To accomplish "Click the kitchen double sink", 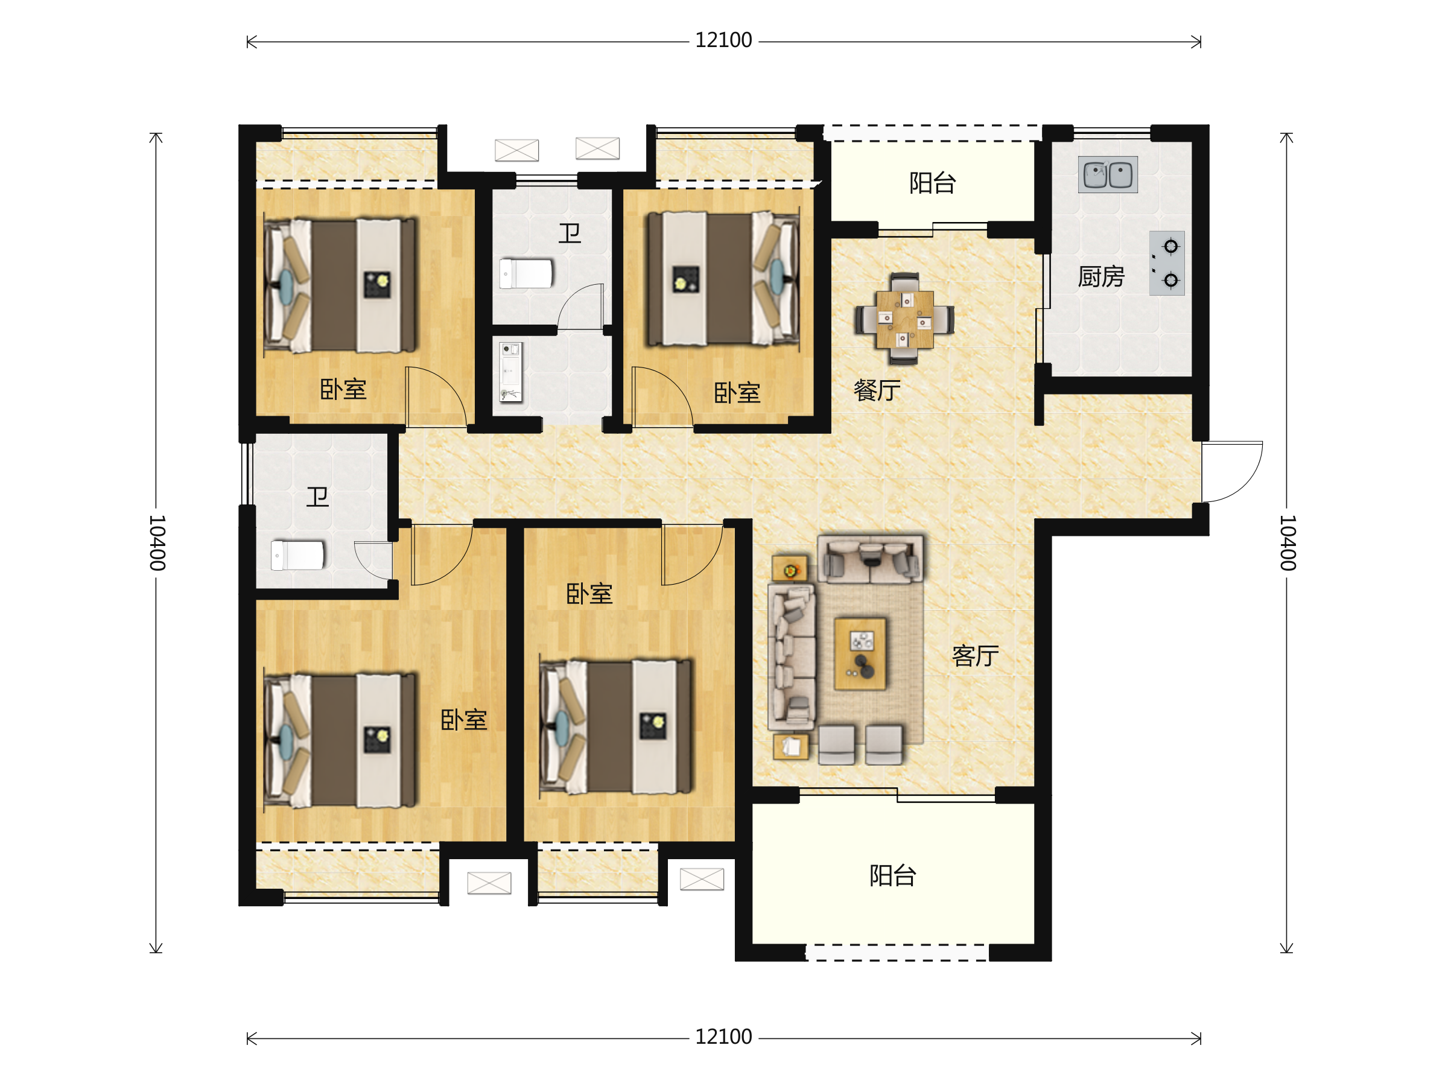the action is click(x=1108, y=175).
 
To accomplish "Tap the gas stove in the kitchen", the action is click(x=1166, y=263).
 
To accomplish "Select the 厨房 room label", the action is click(x=1101, y=277).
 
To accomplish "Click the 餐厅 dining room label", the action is click(x=877, y=391).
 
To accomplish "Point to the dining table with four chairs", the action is click(x=904, y=319).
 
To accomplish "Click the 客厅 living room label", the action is click(x=976, y=656).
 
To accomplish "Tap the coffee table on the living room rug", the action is click(x=860, y=654).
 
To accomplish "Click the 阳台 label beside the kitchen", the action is click(x=933, y=183).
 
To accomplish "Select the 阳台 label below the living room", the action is click(x=893, y=876).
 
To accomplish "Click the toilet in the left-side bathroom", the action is click(x=298, y=556).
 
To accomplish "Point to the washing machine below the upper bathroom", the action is click(x=510, y=372).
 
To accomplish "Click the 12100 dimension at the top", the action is click(x=723, y=40).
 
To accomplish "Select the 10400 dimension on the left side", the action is click(x=157, y=542).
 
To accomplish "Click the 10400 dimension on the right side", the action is click(x=1288, y=542).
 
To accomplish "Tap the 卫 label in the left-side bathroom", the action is click(x=318, y=498).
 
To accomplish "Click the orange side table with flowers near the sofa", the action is click(x=790, y=569).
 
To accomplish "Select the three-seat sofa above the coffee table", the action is click(x=871, y=560).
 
